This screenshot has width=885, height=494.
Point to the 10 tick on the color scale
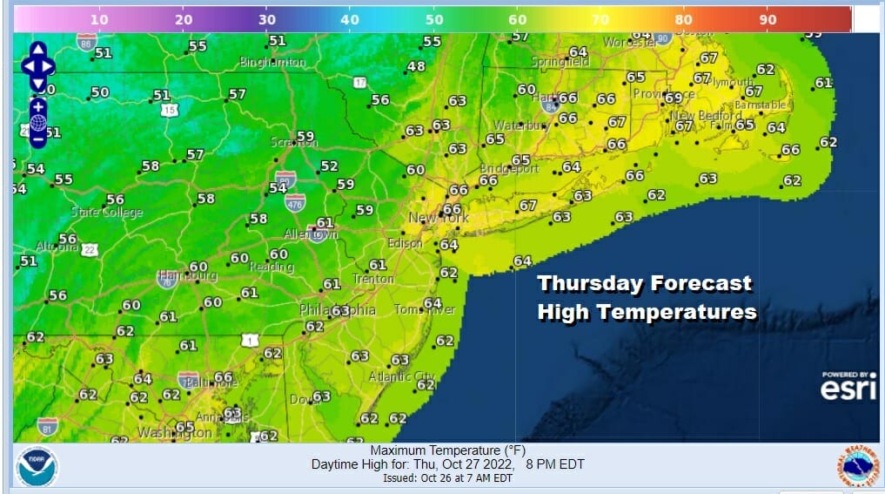99,18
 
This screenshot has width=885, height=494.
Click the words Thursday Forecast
644,283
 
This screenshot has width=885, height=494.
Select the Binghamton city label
272,63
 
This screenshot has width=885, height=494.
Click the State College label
107,213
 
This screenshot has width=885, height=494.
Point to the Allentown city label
311,235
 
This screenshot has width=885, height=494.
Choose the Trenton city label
372,279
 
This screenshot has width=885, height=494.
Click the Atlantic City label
401,376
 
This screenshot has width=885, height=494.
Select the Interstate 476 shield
295,202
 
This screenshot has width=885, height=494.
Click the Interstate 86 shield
86,42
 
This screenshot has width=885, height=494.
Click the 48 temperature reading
417,66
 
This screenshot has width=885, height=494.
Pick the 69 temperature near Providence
673,98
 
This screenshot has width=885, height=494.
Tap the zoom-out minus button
38,139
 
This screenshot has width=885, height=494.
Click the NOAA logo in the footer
37,468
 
